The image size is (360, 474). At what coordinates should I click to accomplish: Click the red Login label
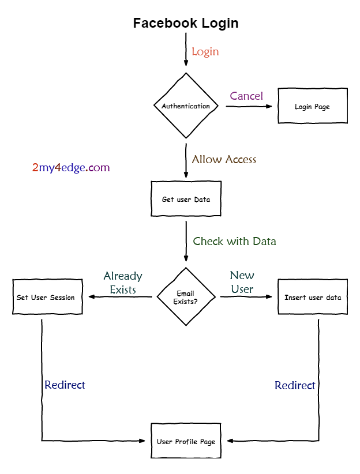point(205,51)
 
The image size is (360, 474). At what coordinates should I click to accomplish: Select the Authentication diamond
point(186,106)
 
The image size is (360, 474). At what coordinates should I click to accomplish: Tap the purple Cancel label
point(246,96)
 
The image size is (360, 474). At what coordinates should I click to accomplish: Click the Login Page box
point(313,106)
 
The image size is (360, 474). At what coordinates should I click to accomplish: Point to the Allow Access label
point(224,159)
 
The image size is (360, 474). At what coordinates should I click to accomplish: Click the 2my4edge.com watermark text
point(71,168)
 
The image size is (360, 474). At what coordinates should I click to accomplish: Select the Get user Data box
point(186,200)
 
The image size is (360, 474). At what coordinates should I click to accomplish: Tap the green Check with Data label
point(234,241)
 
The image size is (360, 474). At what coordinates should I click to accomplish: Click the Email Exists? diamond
point(186,297)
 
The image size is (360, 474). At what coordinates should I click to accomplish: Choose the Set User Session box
point(47,297)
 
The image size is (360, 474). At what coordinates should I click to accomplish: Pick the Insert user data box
point(313,297)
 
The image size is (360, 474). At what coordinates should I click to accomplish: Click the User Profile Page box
point(186,441)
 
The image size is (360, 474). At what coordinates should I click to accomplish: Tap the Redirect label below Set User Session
point(65,385)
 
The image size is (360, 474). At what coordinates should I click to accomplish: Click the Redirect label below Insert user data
point(295,385)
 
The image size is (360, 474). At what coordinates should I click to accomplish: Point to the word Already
point(123,276)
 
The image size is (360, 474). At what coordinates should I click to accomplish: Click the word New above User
point(242,275)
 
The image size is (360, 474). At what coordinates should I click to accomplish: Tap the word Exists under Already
point(123,289)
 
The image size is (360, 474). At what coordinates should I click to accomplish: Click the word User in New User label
point(242,289)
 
